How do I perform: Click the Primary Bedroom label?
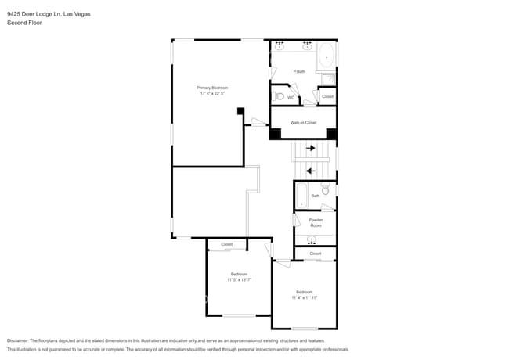[x=211, y=87]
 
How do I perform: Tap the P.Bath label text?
[x=298, y=72]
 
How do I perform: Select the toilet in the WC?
[x=280, y=97]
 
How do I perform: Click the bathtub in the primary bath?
[x=326, y=56]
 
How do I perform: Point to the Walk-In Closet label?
[x=303, y=122]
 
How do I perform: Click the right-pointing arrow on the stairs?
[x=311, y=148]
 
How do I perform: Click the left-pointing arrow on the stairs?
[x=311, y=171]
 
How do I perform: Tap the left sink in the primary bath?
[x=280, y=47]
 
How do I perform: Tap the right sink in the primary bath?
[x=307, y=47]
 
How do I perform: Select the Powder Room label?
[x=315, y=222]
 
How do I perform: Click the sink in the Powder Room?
[x=312, y=239]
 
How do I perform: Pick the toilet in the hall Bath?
[x=325, y=189]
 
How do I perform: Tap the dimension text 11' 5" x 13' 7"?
[x=239, y=279]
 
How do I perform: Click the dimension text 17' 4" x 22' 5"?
[x=211, y=93]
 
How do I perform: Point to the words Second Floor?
[x=24, y=23]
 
